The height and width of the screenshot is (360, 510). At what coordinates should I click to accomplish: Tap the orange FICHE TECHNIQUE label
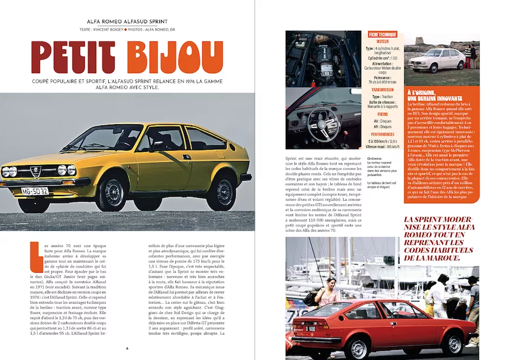(x=383, y=35)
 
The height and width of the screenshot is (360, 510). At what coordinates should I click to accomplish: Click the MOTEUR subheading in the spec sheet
(x=383, y=41)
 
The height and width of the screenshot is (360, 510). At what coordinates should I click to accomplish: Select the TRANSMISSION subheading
(x=383, y=90)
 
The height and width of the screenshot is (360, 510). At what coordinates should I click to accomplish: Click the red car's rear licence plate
(x=312, y=328)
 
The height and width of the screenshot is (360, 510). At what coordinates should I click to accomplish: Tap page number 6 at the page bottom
(x=127, y=348)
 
